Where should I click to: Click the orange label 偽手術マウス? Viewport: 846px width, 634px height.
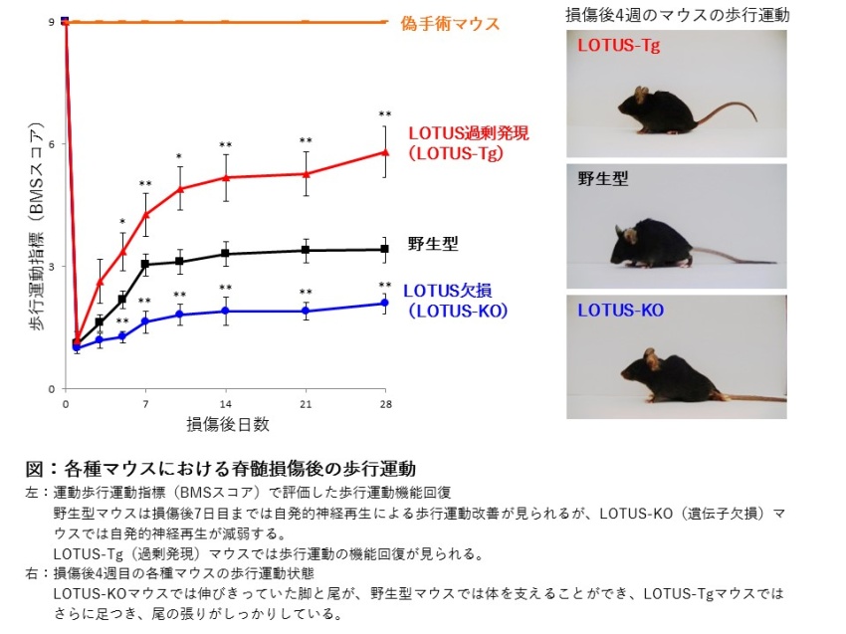pyautogui.click(x=451, y=23)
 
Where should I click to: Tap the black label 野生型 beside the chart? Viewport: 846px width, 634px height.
pyautogui.click(x=432, y=243)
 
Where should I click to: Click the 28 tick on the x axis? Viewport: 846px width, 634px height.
pyautogui.click(x=386, y=404)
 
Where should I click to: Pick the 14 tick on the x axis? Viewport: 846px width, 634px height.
pyautogui.click(x=226, y=404)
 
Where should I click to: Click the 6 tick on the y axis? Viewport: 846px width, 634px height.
pyautogui.click(x=51, y=144)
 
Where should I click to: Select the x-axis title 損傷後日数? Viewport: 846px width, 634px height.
pyautogui.click(x=227, y=425)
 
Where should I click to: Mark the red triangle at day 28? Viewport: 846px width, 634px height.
pyautogui.click(x=385, y=152)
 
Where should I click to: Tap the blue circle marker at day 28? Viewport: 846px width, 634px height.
pyautogui.click(x=385, y=304)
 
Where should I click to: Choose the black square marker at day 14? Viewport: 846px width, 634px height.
pyautogui.click(x=226, y=254)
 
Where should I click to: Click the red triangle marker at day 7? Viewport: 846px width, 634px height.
pyautogui.click(x=146, y=214)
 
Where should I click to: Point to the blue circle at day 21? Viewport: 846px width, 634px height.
pyautogui.click(x=306, y=311)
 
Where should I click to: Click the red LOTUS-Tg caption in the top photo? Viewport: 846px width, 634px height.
pyautogui.click(x=619, y=46)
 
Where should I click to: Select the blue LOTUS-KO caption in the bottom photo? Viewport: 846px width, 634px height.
pyautogui.click(x=621, y=311)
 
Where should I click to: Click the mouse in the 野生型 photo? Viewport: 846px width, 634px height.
pyautogui.click(x=653, y=248)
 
